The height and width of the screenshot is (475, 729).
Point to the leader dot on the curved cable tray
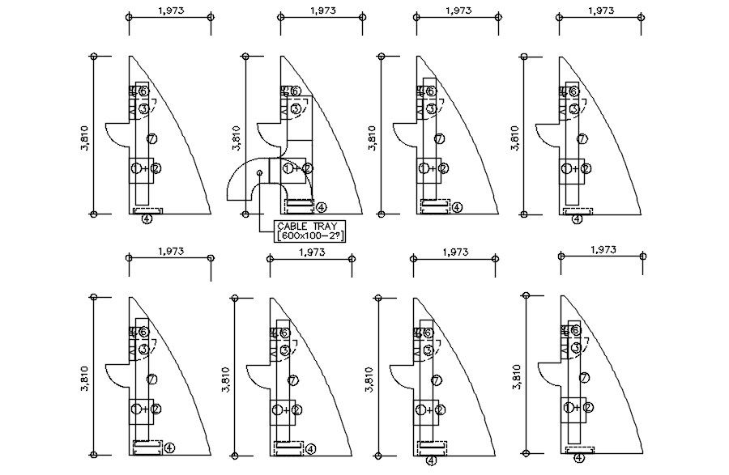point(259,172)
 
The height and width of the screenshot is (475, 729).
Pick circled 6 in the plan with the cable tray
point(296,91)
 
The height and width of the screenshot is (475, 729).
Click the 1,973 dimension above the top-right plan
point(600,11)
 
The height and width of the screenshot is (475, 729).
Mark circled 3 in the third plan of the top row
point(431,108)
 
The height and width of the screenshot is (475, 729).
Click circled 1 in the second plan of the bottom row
point(277,410)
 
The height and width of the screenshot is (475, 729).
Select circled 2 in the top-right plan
point(585,169)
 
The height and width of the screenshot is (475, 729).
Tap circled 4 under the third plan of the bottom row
point(431,460)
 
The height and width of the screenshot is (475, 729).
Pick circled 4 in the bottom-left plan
point(168,447)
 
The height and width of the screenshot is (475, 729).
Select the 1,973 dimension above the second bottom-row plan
point(312,252)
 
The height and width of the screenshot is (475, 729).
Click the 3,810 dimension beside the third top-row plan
point(372,137)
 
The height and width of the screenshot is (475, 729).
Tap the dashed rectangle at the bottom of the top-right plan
point(578,210)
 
